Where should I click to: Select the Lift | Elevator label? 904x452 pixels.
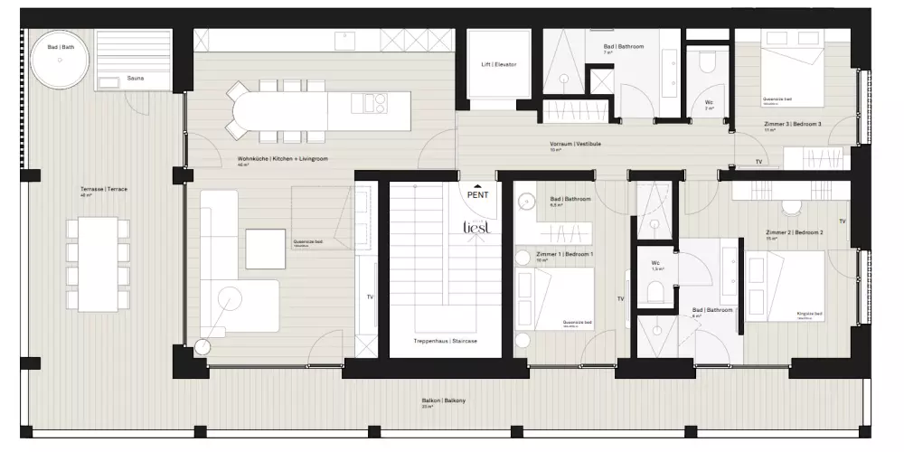click(x=499, y=65)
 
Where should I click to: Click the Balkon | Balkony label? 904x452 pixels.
click(x=443, y=400)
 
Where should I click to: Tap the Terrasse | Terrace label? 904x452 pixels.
click(x=104, y=189)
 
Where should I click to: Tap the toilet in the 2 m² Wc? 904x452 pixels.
click(x=707, y=63)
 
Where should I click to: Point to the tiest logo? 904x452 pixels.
click(x=476, y=229)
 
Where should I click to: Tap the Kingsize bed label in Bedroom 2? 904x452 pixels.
click(x=808, y=314)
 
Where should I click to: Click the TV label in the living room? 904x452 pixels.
click(x=368, y=297)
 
